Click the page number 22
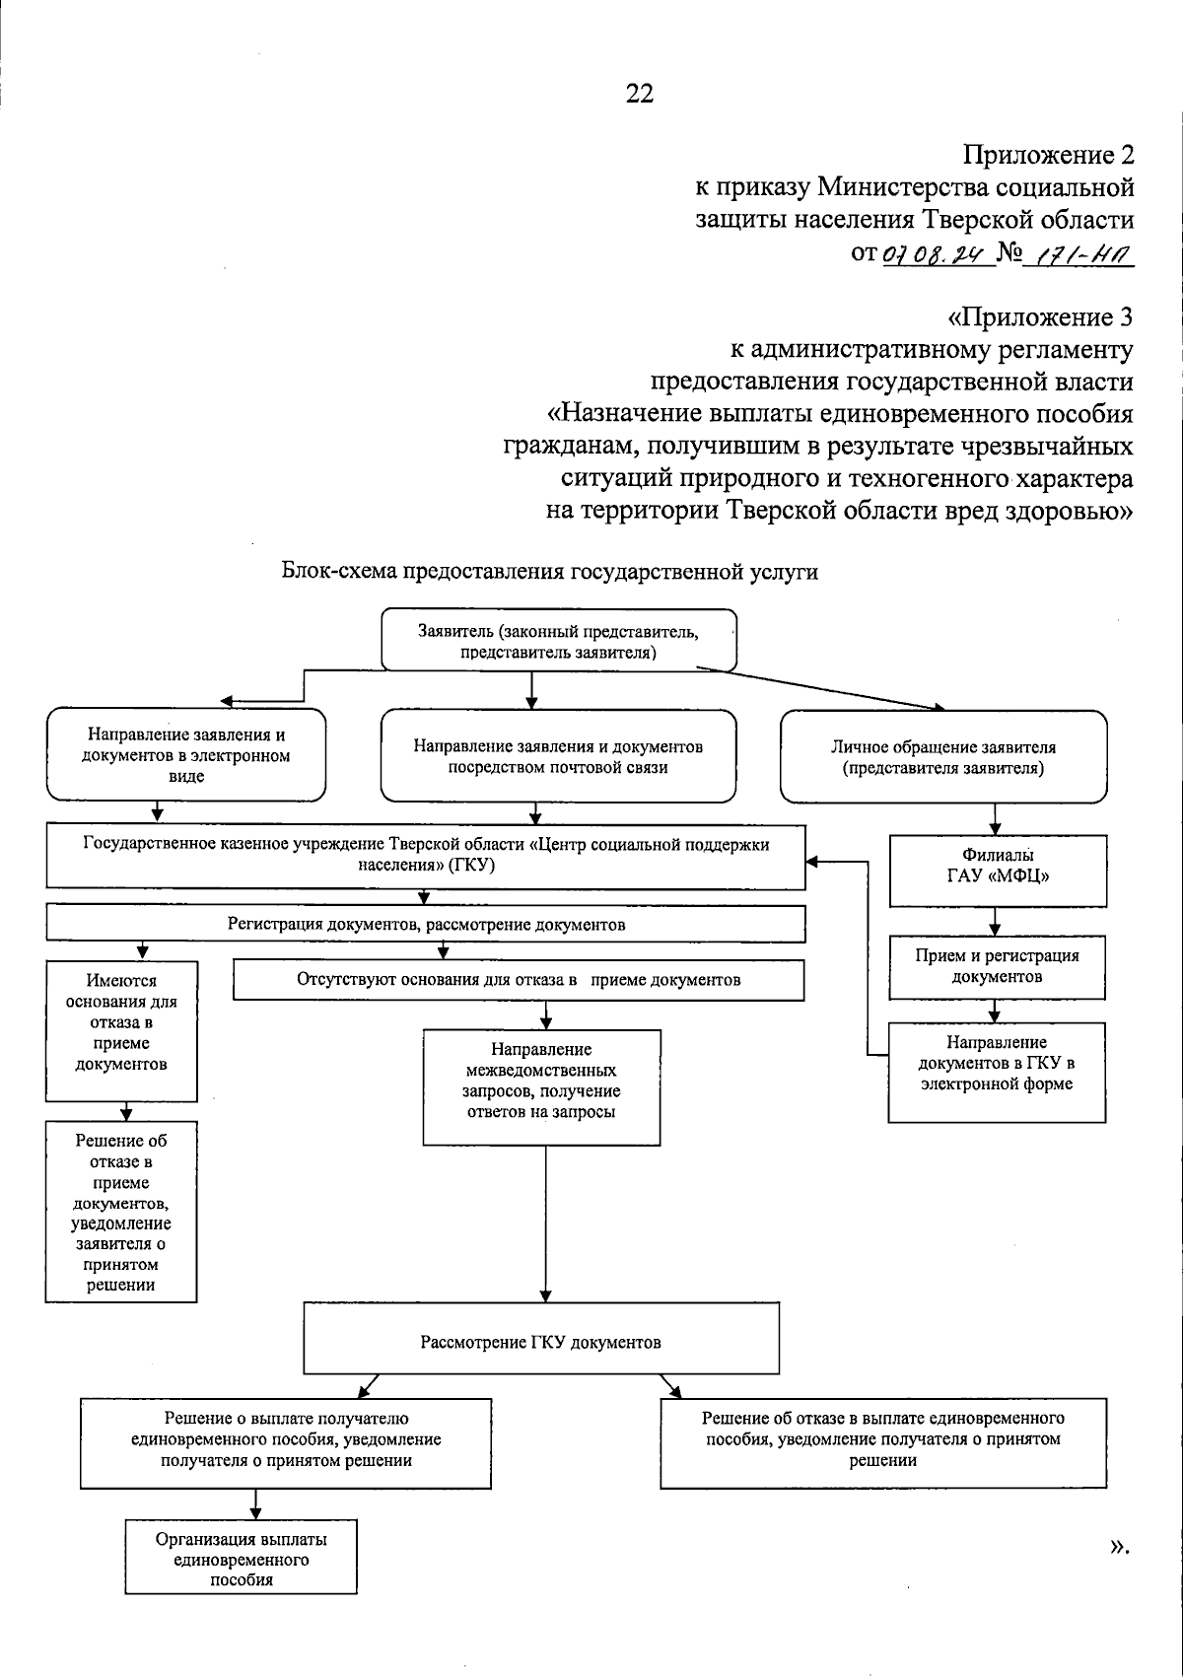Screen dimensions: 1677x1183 click(639, 94)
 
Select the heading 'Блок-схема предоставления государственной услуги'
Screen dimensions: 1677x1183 click(550, 572)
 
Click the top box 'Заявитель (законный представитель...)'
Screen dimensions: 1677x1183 click(559, 642)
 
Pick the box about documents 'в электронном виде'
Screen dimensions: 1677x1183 click(186, 755)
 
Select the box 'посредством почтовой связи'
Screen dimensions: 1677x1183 click(558, 757)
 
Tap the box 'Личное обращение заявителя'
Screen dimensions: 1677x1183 click(942, 757)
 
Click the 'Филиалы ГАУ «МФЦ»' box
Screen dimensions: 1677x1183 click(997, 871)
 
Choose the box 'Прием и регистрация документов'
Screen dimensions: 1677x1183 click(997, 966)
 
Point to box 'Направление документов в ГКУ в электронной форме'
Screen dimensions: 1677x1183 click(997, 1072)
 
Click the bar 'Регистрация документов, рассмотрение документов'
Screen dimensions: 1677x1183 click(426, 924)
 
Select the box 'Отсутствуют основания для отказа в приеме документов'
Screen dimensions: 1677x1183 click(519, 980)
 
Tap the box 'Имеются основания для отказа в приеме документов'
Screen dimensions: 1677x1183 click(121, 1030)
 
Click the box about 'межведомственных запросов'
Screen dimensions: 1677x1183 click(541, 1087)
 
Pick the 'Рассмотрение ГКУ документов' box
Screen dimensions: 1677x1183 click(540, 1342)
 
